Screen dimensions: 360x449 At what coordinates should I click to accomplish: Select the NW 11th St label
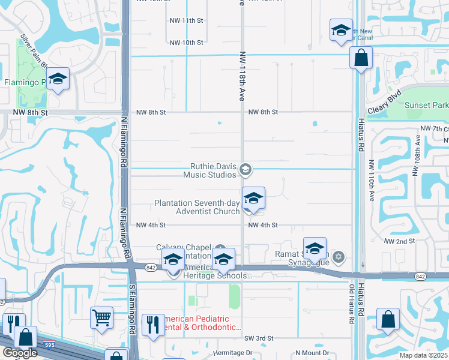click(187, 20)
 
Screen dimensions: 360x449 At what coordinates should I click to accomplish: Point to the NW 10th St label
click(187, 43)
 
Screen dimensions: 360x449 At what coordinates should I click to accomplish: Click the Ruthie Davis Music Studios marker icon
click(245, 170)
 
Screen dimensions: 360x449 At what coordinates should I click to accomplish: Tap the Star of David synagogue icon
click(339, 257)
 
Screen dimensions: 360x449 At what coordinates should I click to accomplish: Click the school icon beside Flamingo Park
click(58, 79)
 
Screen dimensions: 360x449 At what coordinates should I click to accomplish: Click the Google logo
click(20, 353)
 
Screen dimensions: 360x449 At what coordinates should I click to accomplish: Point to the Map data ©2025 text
click(424, 355)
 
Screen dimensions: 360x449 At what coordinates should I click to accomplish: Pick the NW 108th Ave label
click(415, 158)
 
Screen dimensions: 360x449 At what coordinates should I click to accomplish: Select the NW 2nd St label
click(400, 241)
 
